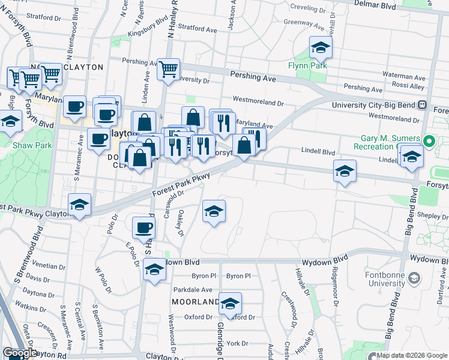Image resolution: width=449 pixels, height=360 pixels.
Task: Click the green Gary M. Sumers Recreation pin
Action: pyautogui.click(x=428, y=142)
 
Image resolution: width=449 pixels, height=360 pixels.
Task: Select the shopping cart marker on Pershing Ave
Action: pyautogui.click(x=169, y=69)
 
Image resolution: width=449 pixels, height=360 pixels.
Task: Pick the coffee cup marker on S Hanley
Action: pyautogui.click(x=143, y=227)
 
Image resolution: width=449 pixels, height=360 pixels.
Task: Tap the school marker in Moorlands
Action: pyautogui.click(x=229, y=304)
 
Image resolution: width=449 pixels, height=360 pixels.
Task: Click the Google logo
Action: pyautogui.click(x=19, y=353)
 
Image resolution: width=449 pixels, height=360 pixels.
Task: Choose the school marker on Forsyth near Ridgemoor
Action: pyautogui.click(x=345, y=172)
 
